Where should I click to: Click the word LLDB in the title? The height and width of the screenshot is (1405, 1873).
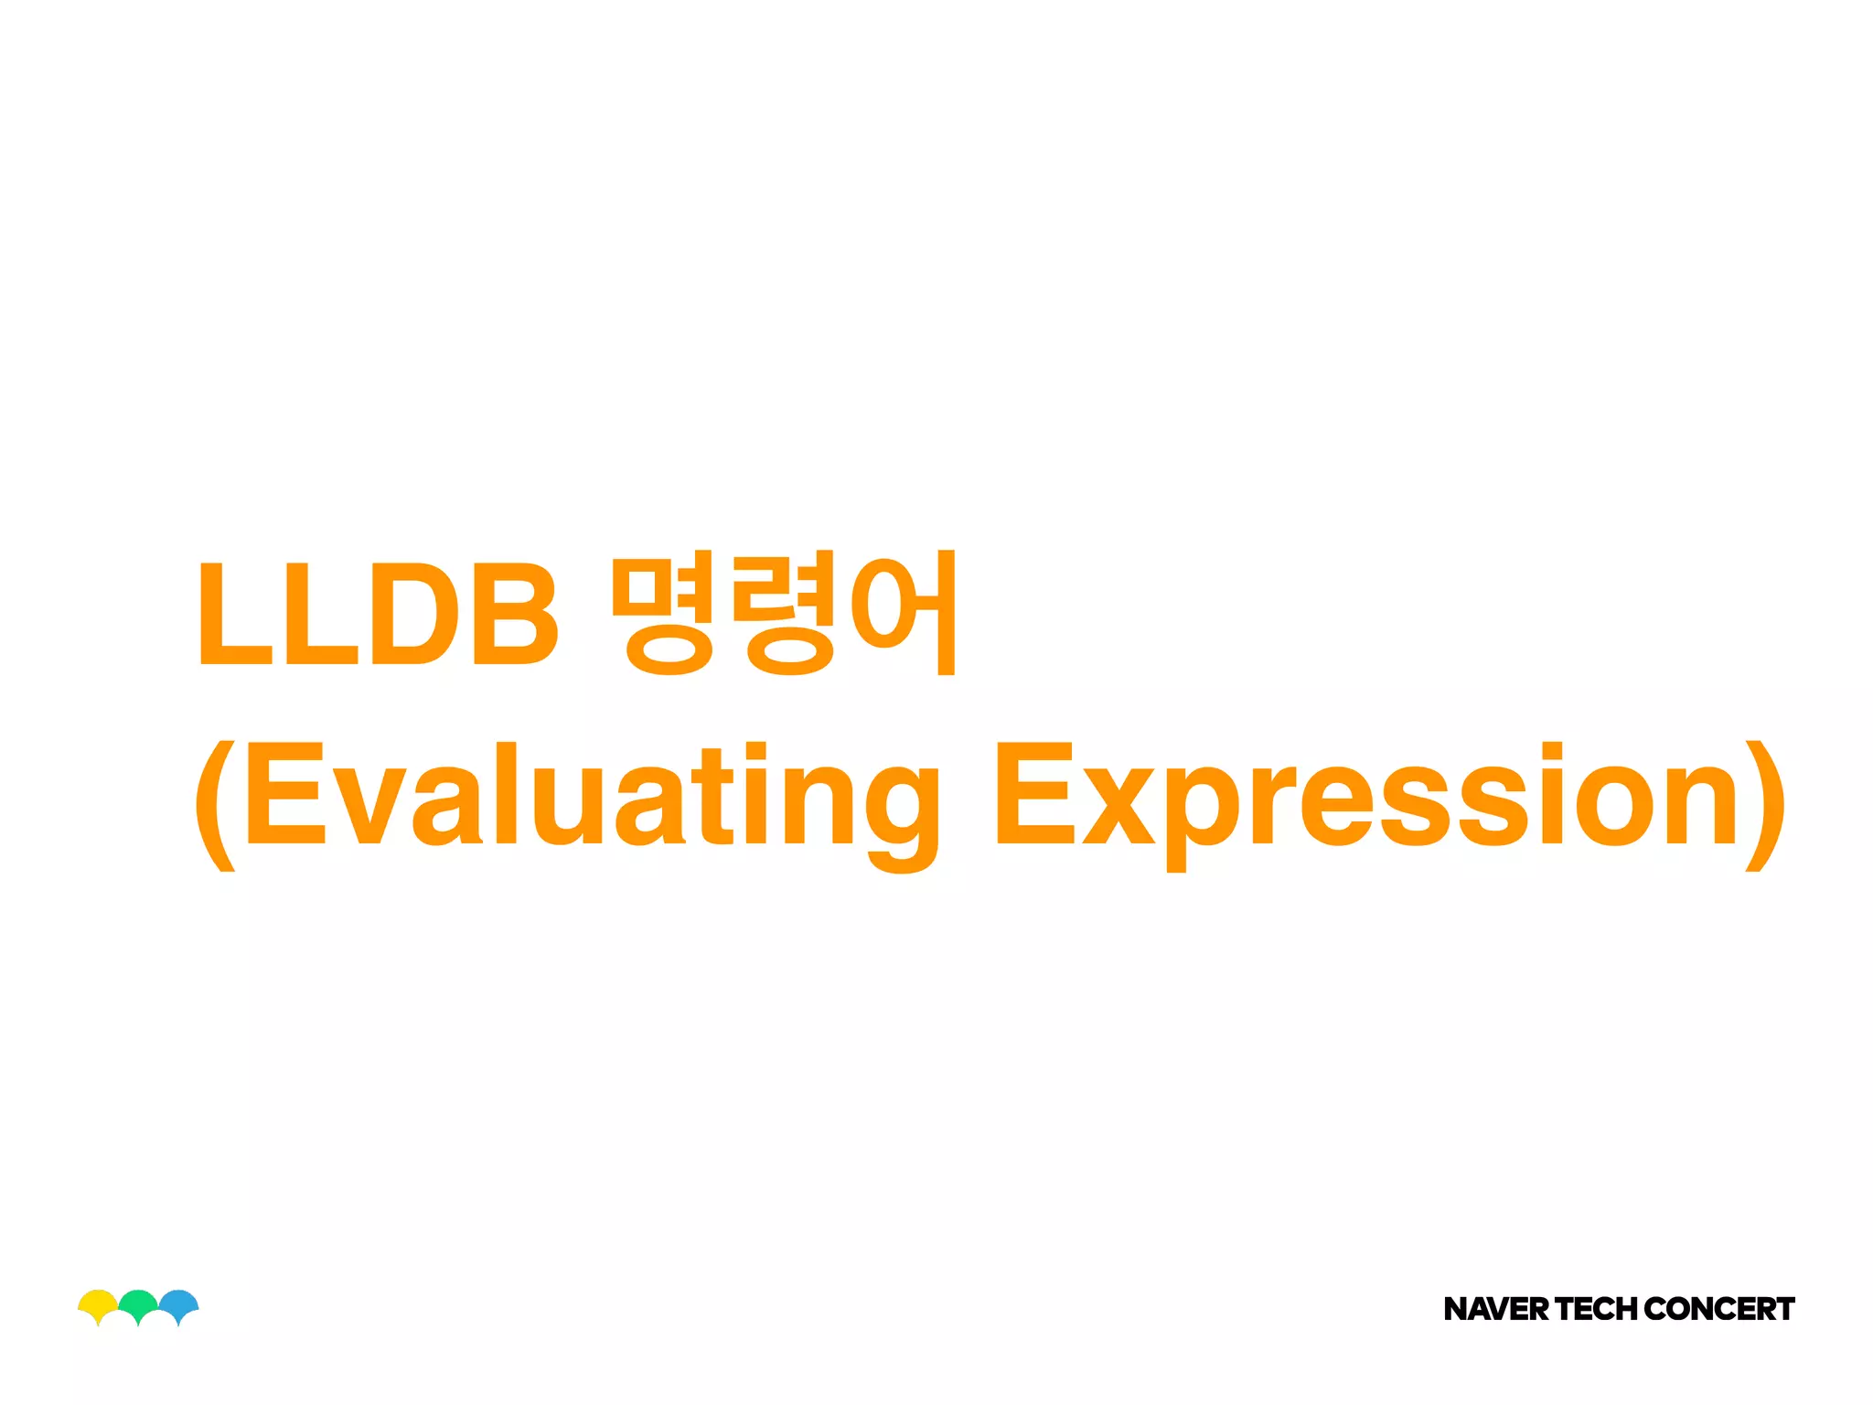point(377,614)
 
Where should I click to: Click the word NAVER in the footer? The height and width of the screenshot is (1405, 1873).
point(1496,1309)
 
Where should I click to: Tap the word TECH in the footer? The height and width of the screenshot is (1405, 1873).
point(1597,1309)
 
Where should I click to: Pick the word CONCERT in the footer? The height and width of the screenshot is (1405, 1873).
point(1719,1309)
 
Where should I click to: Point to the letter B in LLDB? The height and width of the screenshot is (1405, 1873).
point(514,614)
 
